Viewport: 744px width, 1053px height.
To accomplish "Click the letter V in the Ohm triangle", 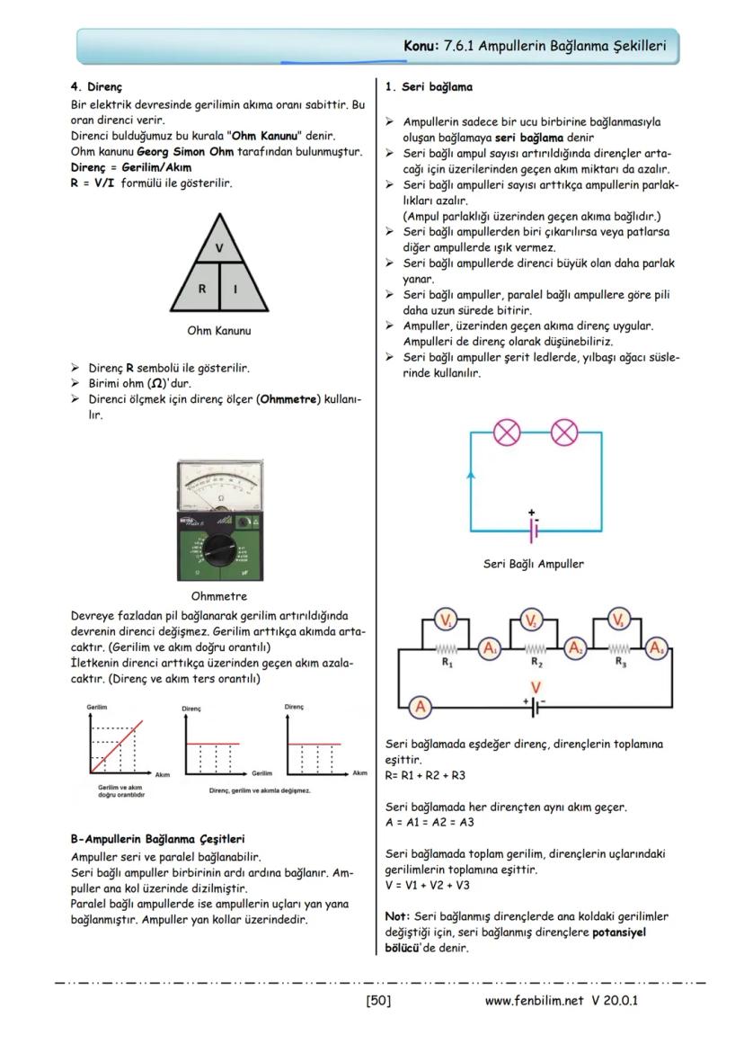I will coord(220,247).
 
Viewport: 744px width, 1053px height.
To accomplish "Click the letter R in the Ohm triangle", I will coord(203,289).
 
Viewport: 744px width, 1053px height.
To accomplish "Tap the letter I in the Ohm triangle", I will coord(235,289).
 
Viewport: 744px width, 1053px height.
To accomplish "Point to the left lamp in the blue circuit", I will coord(508,433).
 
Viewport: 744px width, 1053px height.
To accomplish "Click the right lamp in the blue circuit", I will coord(563,433).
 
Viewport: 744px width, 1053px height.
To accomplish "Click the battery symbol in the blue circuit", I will coord(534,529).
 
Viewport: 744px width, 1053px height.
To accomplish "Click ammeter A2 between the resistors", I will coord(576,647).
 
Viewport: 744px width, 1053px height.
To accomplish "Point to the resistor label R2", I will coord(536,664).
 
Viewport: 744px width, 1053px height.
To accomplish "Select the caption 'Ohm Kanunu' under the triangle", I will coord(219,331).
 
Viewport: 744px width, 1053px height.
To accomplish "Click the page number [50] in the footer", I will coord(378,1000).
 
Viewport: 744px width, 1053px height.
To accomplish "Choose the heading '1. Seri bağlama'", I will coord(428,88).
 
